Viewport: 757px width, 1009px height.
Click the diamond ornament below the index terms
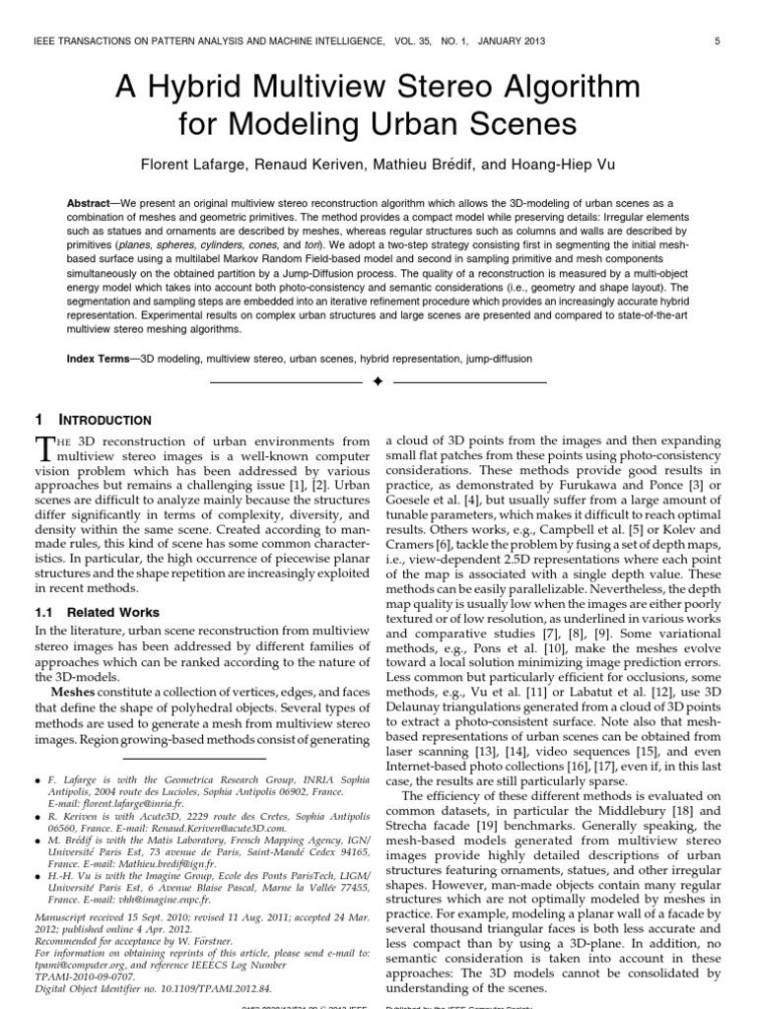point(378,382)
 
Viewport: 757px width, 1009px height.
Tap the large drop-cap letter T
point(45,449)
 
